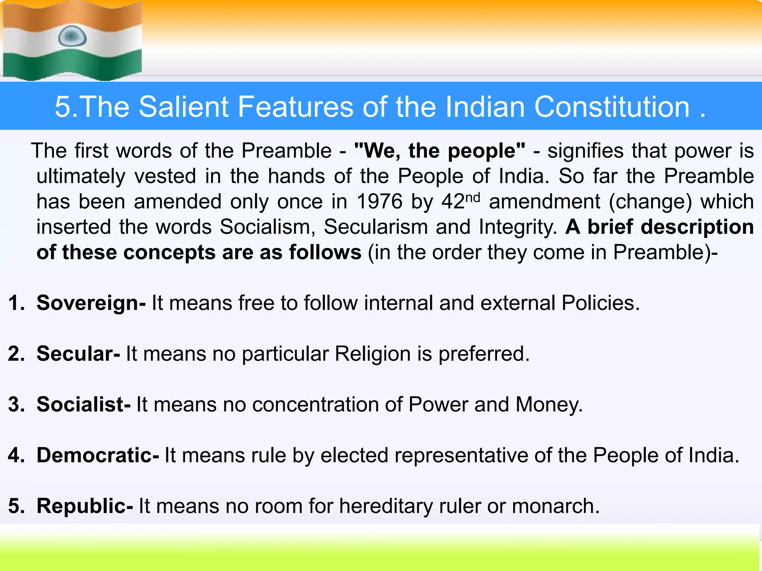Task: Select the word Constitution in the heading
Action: click(x=612, y=107)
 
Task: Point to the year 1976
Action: click(x=379, y=202)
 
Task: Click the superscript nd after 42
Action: click(x=473, y=197)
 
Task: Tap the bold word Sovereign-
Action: click(x=91, y=303)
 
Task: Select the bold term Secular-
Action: click(x=78, y=354)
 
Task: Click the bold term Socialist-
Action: click(x=83, y=404)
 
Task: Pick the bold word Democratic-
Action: click(x=97, y=455)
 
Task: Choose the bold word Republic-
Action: click(x=84, y=506)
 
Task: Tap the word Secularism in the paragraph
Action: click(x=375, y=227)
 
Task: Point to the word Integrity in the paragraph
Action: click(x=518, y=227)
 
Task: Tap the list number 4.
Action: click(x=15, y=455)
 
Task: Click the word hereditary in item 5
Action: click(x=386, y=506)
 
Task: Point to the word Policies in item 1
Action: click(x=600, y=303)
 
